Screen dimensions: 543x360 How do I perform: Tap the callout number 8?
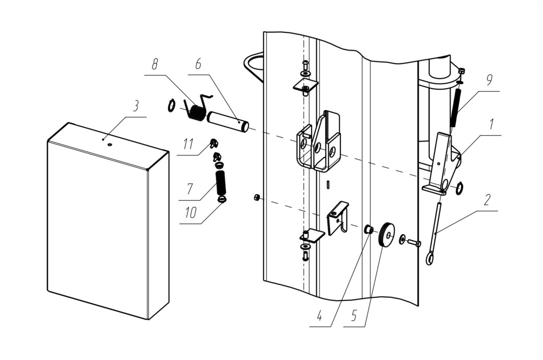[155, 64]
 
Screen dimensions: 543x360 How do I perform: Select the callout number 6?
[198, 64]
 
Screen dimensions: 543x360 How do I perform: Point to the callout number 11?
[188, 143]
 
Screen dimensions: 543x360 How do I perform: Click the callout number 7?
[190, 189]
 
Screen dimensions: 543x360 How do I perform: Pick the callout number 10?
[191, 212]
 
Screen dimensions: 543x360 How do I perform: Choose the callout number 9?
[489, 80]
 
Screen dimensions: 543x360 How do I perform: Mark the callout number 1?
[491, 124]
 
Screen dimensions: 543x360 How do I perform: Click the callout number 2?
[487, 199]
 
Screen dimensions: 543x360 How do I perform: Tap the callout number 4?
[320, 316]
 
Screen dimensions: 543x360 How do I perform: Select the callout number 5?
[353, 316]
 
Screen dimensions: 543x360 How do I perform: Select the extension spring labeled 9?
[456, 108]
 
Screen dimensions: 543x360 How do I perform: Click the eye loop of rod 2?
[430, 258]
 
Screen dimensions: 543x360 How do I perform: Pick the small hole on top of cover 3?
[110, 145]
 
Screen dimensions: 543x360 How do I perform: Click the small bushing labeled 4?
[369, 229]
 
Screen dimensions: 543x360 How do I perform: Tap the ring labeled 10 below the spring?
[222, 199]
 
